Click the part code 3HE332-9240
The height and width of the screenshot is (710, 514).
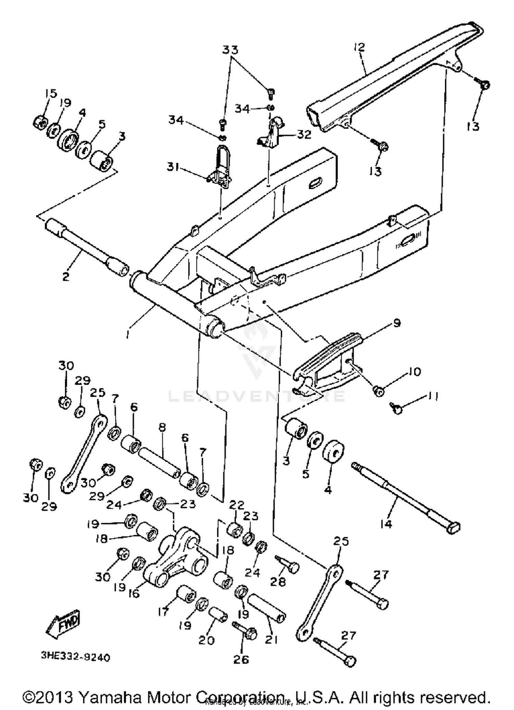click(x=75, y=657)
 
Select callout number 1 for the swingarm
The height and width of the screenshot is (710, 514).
click(x=128, y=334)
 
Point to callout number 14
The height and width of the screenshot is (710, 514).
click(x=386, y=524)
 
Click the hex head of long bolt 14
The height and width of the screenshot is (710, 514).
click(x=453, y=528)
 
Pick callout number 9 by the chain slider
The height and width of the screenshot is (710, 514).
click(x=397, y=323)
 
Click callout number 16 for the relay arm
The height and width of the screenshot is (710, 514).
click(x=134, y=593)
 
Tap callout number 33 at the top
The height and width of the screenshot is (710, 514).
click(x=230, y=50)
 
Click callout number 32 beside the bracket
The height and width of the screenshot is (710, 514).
click(x=304, y=134)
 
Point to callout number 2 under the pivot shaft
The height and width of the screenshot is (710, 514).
click(x=66, y=276)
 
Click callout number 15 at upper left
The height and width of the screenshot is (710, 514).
click(x=51, y=93)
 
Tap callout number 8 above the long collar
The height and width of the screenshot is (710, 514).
click(x=162, y=428)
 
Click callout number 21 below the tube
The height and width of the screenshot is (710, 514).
click(x=271, y=640)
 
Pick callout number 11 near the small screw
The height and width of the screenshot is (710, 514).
click(x=433, y=397)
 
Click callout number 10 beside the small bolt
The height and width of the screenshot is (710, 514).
click(x=415, y=372)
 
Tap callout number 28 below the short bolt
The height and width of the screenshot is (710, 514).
click(x=278, y=581)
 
